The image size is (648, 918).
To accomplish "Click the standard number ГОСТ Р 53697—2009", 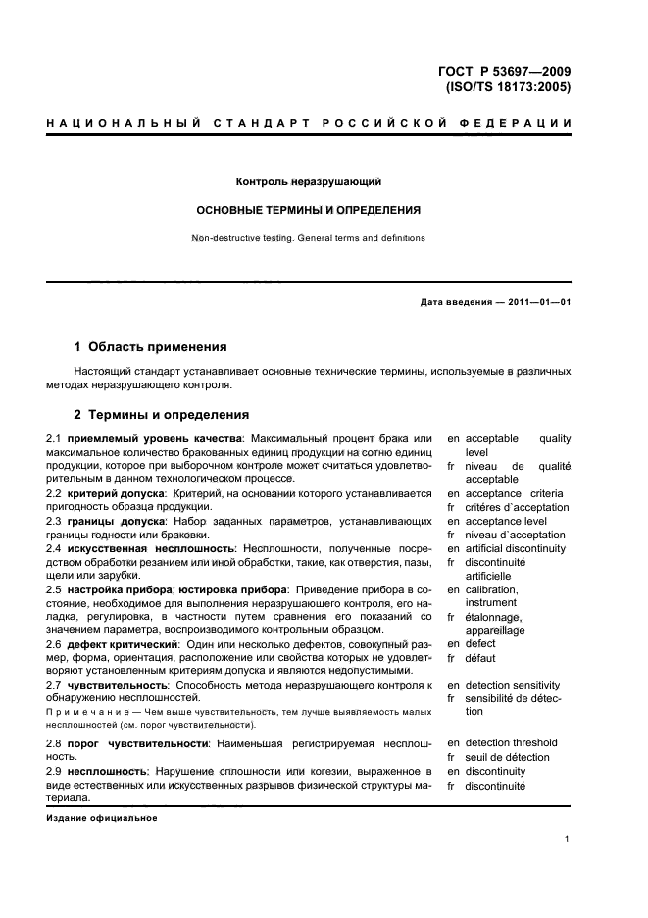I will click(505, 70).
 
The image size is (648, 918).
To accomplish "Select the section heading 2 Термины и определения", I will click(163, 415).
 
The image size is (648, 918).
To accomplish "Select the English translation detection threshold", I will click(511, 743).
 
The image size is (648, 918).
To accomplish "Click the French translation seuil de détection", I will click(507, 757).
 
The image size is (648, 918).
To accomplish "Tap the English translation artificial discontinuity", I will click(515, 548).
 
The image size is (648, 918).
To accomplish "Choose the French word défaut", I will click(480, 658).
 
